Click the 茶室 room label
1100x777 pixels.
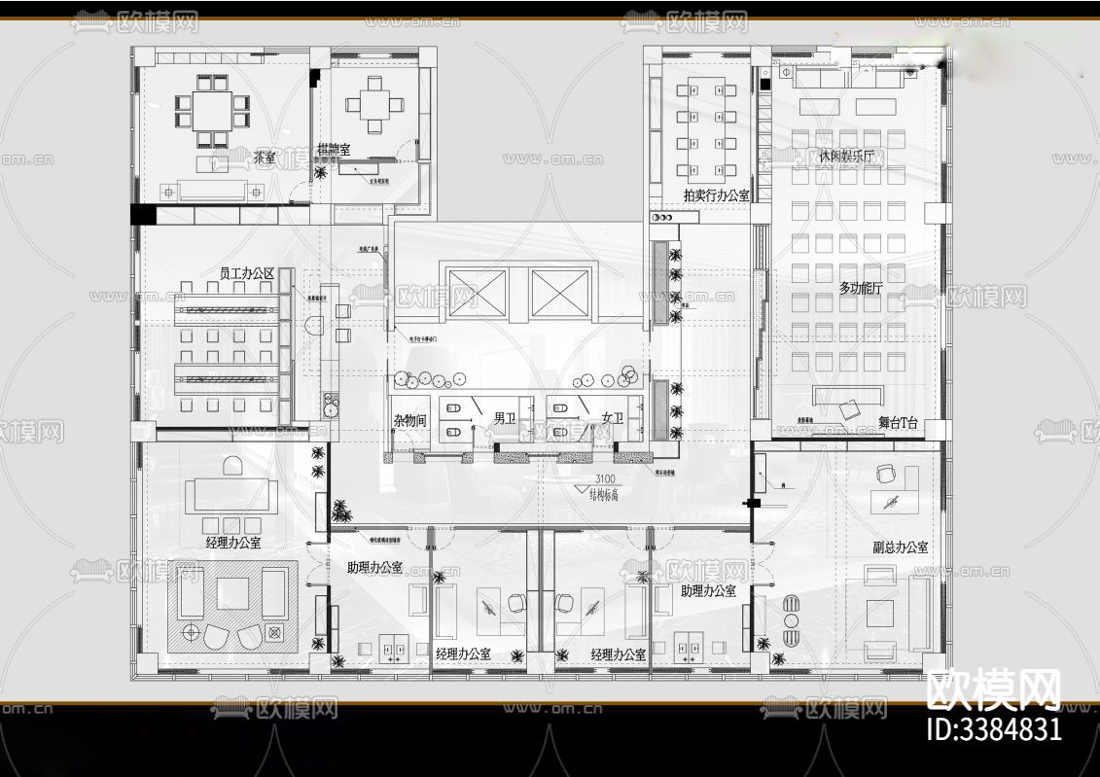tap(265, 157)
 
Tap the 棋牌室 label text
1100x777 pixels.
tap(334, 150)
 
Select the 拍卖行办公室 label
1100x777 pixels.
tap(716, 195)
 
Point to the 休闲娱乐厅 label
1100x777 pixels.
tap(851, 156)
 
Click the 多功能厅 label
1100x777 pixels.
tap(859, 288)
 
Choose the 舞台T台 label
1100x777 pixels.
tap(898, 422)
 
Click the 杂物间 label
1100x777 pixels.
tap(409, 420)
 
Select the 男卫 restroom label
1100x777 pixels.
tap(505, 419)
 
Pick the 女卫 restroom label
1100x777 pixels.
tap(612, 419)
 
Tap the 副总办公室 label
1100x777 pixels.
tap(900, 547)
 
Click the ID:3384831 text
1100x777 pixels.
tap(994, 729)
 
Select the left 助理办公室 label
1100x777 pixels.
tap(374, 567)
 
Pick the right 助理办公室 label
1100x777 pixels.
tap(708, 590)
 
